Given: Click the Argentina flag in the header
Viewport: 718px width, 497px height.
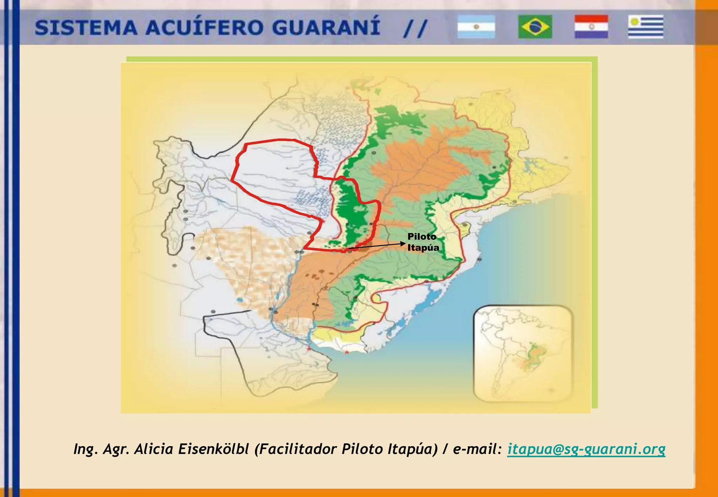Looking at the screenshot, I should point(476,27).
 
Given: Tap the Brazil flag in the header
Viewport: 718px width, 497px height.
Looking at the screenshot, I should point(535,27).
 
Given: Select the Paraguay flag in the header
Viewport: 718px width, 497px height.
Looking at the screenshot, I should point(591,27).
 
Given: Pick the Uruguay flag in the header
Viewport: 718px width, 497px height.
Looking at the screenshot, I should point(646,27).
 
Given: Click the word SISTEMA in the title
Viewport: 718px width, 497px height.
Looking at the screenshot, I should point(86,28).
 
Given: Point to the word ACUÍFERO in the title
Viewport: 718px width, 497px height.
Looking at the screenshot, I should point(205,28).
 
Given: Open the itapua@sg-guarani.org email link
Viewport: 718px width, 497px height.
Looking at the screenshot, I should point(586,449).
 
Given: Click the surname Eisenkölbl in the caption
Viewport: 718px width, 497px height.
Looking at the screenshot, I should point(214,449).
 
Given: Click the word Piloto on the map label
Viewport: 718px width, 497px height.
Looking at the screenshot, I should point(422,237).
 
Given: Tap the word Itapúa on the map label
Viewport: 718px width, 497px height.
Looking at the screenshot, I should point(423,248).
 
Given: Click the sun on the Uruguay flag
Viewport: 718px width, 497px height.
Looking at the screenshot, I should point(634,22).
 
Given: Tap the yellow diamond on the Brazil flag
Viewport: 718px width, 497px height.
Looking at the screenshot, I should point(535,27).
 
